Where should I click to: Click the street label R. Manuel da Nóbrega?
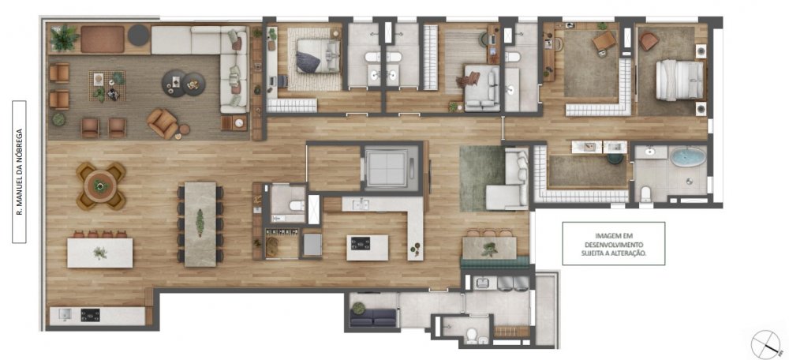click(x=19, y=171)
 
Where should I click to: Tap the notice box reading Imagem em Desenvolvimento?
click(x=613, y=243)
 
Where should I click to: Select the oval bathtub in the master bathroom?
click(x=688, y=157)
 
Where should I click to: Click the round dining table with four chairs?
click(x=101, y=186)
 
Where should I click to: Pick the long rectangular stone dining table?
click(x=200, y=224)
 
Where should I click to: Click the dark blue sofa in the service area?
click(x=373, y=317)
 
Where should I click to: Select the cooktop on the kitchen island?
click(x=361, y=244)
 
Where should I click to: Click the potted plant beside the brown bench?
click(x=65, y=38)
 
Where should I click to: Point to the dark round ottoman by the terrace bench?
click(x=138, y=36)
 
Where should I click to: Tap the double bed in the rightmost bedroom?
click(x=679, y=80)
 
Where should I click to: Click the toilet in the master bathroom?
click(x=646, y=193)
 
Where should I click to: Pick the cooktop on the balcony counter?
click(x=91, y=315)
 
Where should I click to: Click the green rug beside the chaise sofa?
click(x=482, y=178)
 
